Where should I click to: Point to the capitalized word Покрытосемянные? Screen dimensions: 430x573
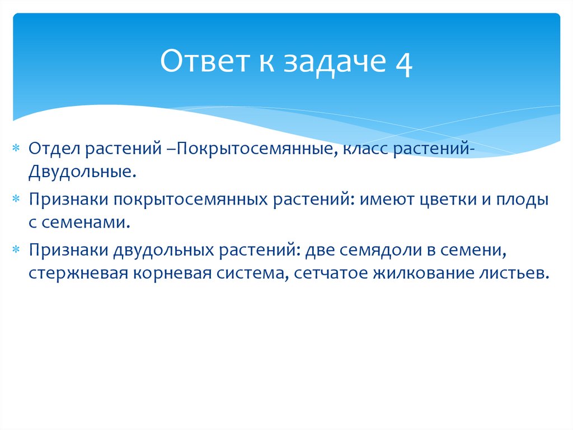point(255,149)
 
